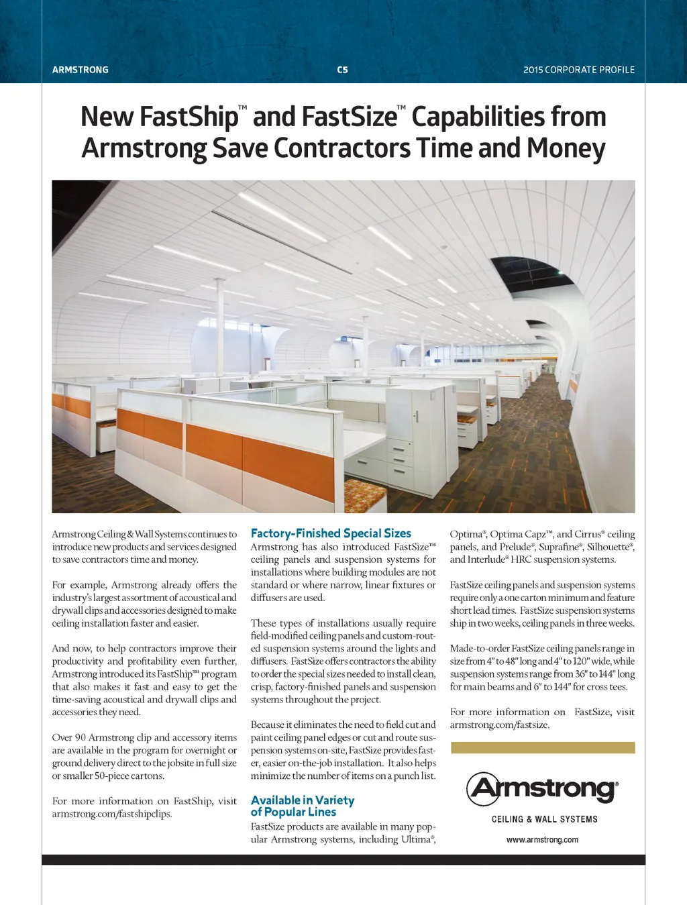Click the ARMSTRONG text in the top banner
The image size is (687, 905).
[x=80, y=70]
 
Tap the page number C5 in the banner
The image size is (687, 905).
[x=342, y=70]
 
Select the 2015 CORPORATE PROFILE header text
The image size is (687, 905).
[x=579, y=70]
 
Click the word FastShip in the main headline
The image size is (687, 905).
[x=159, y=117]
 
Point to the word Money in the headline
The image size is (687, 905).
[x=566, y=148]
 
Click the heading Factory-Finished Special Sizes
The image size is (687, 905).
[x=331, y=533]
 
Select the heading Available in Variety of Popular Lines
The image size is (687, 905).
[x=302, y=806]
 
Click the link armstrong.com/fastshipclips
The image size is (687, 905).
[x=112, y=814]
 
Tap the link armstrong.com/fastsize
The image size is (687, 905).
[x=500, y=725]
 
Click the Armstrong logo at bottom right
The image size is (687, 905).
[x=542, y=788]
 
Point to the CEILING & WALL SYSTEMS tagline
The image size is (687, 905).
[x=544, y=819]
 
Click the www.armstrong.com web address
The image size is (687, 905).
[x=542, y=839]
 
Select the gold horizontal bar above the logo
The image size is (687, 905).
[x=542, y=747]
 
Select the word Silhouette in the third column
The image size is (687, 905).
[x=608, y=547]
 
